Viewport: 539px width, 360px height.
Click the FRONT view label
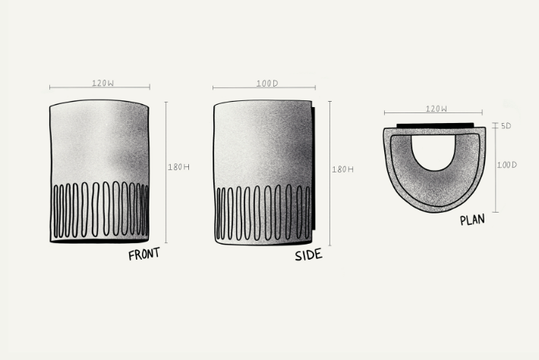144,254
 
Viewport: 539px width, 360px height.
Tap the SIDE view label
308,254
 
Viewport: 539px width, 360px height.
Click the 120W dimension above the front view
99,82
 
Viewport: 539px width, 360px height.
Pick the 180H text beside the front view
178,167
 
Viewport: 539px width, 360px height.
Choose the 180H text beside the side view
342,169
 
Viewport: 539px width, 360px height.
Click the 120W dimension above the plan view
436,109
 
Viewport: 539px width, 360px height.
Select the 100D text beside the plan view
506,164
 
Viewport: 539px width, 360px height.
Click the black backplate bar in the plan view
436,124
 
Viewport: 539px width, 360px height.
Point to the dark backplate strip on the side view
314,171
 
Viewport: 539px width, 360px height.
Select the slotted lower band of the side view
263,213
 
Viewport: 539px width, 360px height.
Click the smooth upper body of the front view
99,141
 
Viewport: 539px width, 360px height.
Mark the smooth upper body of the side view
263,141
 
